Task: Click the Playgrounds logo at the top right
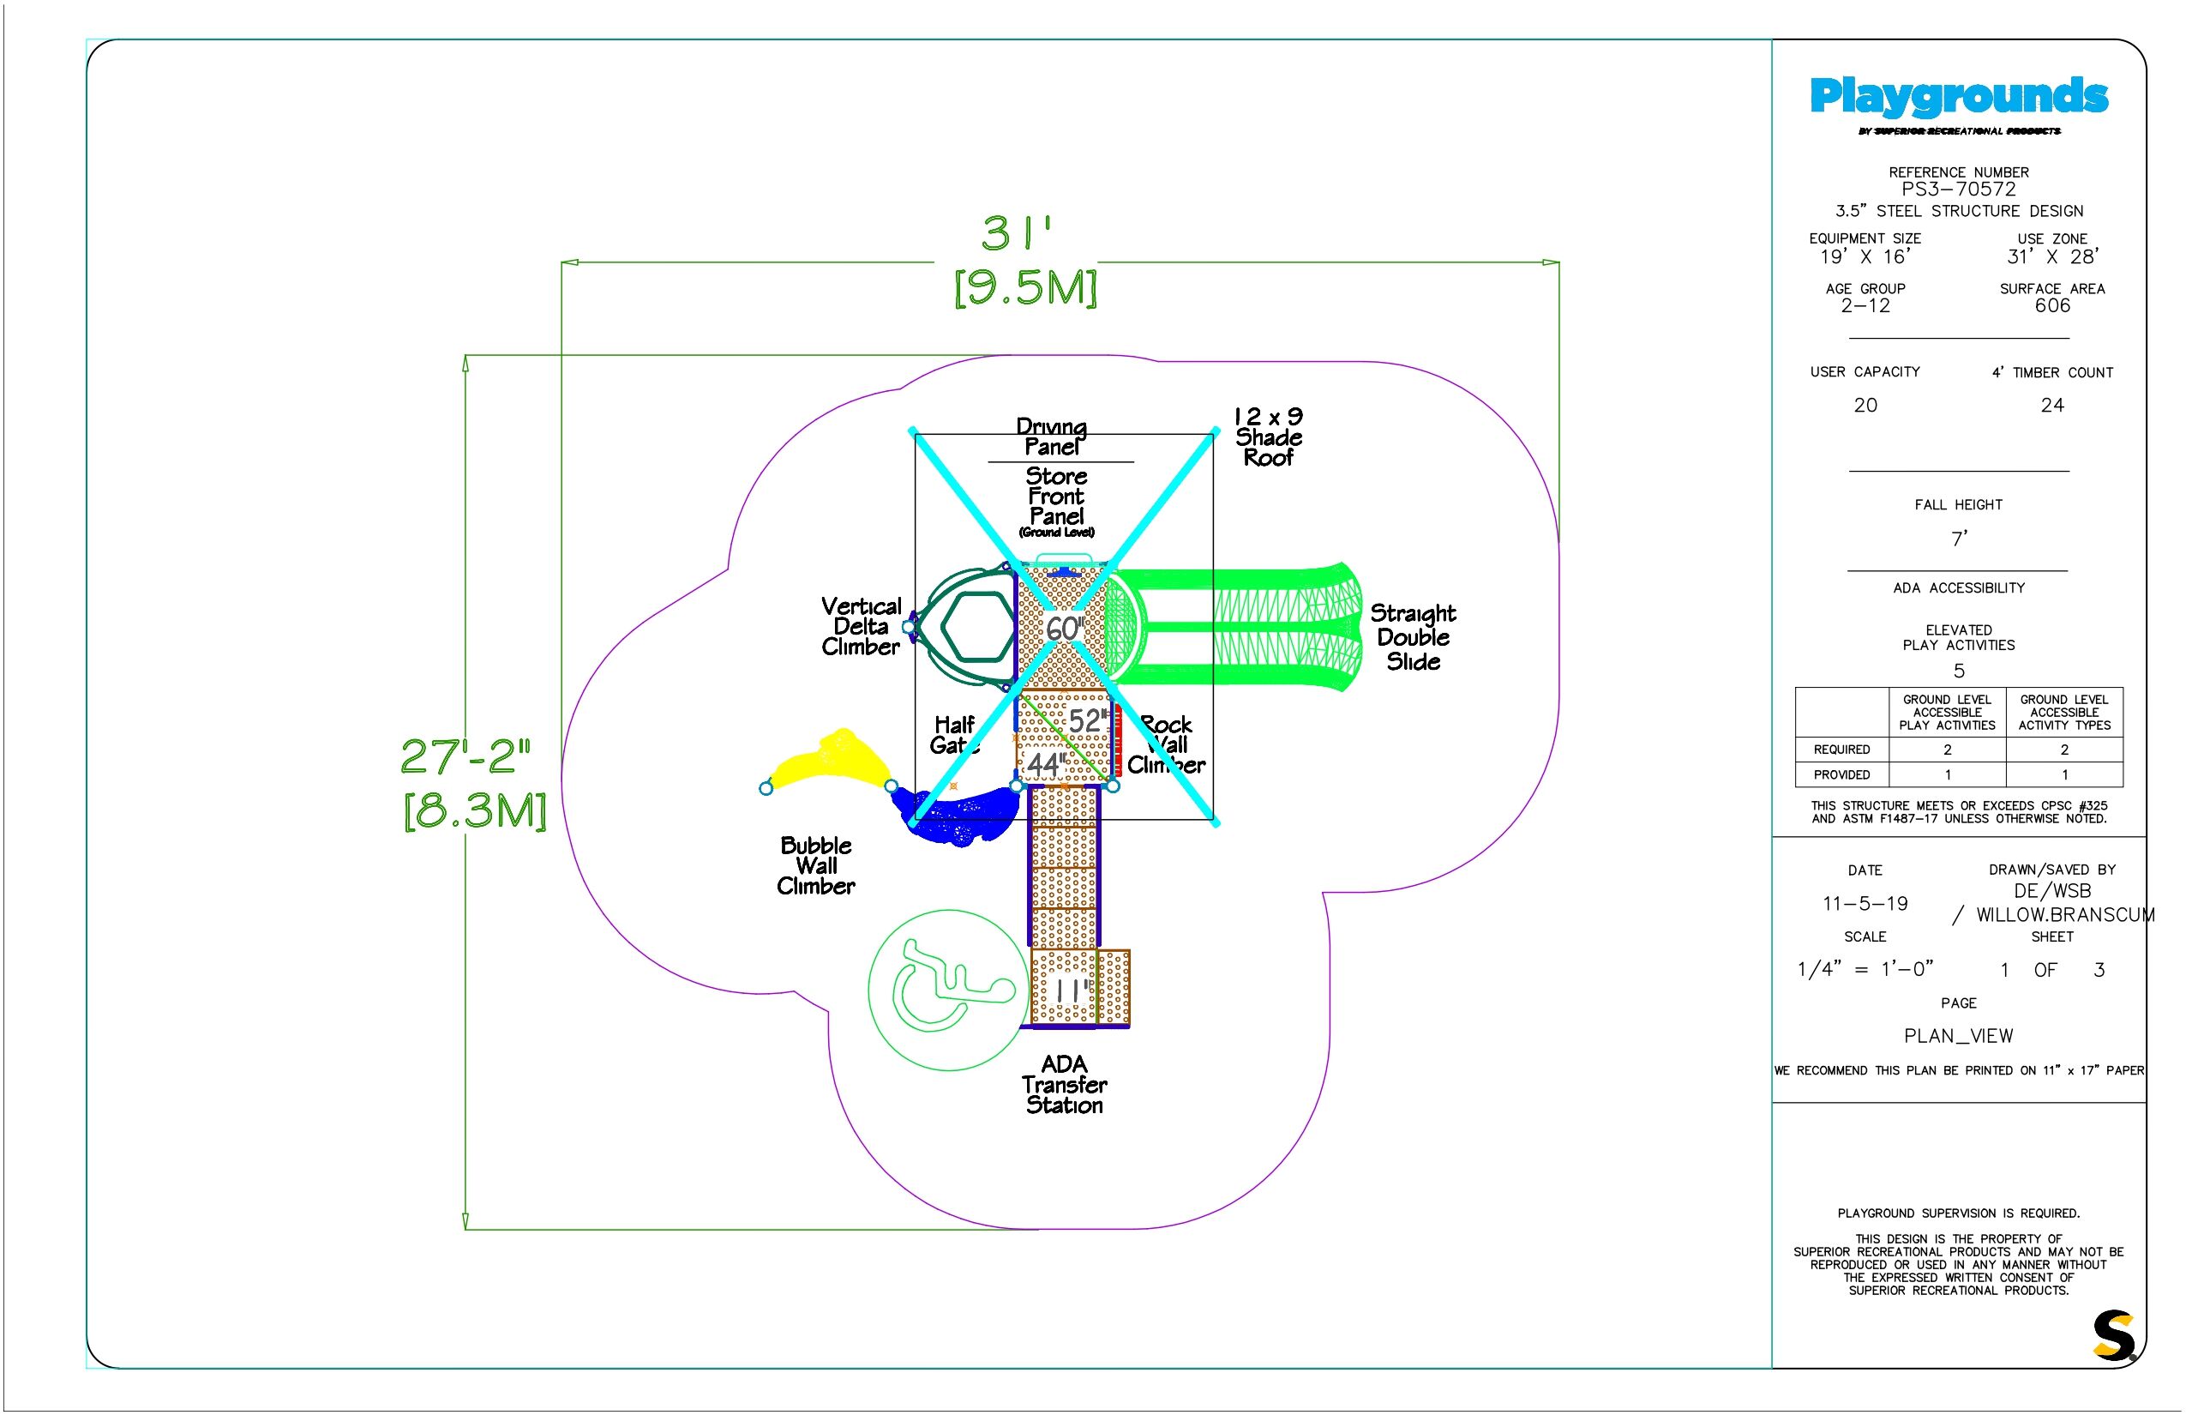1958,98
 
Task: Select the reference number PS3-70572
1958,190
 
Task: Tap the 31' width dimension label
1016,233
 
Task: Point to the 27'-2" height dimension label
465,756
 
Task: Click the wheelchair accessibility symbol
949,990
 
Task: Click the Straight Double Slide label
1413,636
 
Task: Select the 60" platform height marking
1065,629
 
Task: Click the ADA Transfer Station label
1065,1084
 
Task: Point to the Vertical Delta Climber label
861,627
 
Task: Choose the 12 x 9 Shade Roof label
1269,437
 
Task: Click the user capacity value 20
1865,405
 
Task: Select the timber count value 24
2052,405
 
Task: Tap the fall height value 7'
1959,539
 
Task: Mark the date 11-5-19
1865,904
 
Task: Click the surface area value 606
2052,306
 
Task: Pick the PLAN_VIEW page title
1958,1037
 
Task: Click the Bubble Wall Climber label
815,865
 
